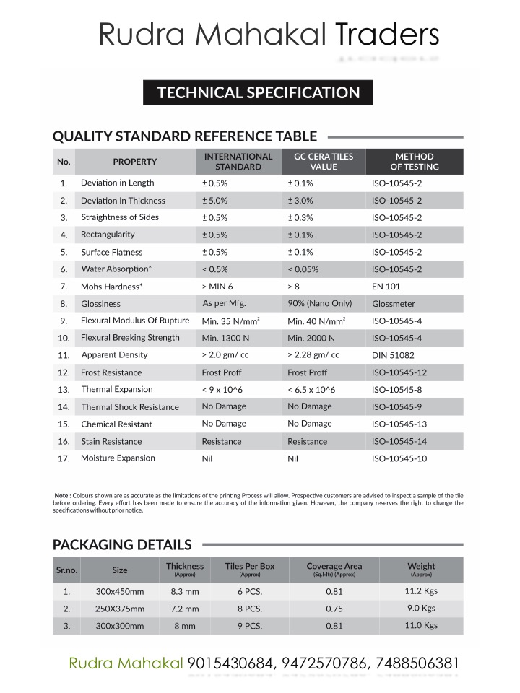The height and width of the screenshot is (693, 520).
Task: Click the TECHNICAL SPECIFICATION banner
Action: click(x=259, y=92)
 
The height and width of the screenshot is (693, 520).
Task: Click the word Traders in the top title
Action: click(x=387, y=35)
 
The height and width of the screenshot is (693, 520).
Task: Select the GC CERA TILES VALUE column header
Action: click(x=323, y=162)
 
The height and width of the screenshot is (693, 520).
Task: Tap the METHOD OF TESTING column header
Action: click(x=415, y=162)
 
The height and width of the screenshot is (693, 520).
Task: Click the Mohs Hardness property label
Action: click(x=111, y=287)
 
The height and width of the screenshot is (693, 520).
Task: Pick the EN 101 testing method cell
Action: click(x=386, y=287)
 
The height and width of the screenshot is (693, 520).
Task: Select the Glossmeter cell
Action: click(x=394, y=304)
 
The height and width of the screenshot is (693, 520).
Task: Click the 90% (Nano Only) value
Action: click(x=321, y=303)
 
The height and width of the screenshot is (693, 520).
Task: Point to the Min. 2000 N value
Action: click(x=311, y=338)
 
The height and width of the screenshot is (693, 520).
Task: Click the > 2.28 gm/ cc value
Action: click(x=313, y=355)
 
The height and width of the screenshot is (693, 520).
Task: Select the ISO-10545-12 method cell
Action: click(x=399, y=372)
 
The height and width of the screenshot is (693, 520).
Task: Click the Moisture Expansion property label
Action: click(x=118, y=458)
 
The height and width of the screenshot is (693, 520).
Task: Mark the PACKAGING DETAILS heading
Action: click(x=122, y=544)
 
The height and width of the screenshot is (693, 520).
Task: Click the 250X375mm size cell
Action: click(x=120, y=609)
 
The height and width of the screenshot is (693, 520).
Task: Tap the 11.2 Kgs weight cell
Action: click(x=422, y=590)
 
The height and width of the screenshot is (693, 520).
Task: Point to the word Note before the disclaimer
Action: click(x=61, y=495)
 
